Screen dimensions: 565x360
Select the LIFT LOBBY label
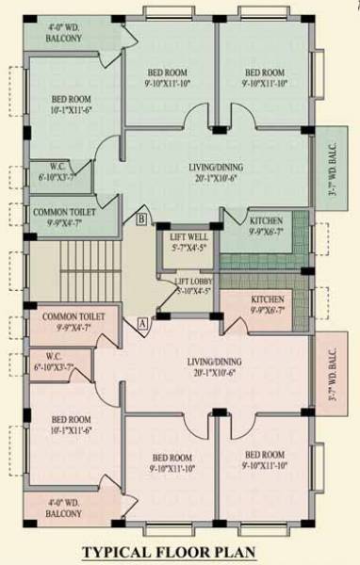click(x=196, y=285)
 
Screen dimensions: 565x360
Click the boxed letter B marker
click(x=141, y=219)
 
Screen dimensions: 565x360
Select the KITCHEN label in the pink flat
click(x=266, y=303)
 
